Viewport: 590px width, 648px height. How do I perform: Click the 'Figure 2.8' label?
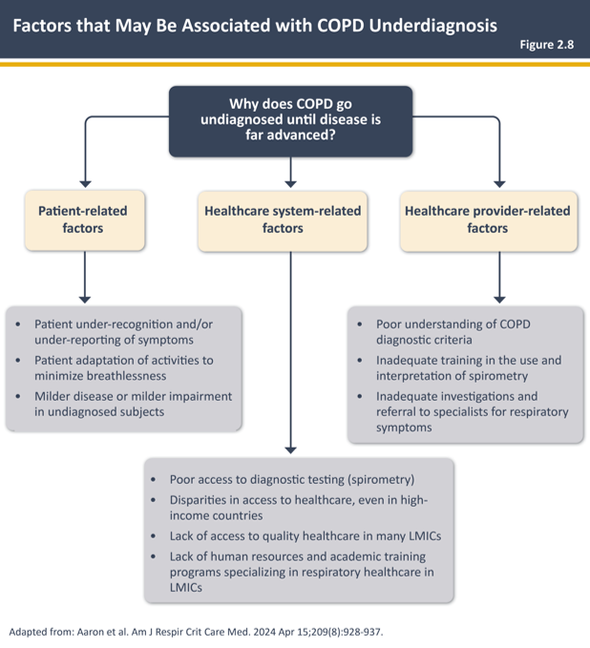[x=546, y=45]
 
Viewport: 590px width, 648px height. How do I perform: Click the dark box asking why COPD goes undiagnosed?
[x=291, y=121]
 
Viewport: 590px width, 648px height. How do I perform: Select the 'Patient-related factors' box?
[x=84, y=219]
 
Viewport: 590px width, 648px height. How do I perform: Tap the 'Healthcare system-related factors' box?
[x=283, y=219]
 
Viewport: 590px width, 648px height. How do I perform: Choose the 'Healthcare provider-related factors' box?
[x=488, y=219]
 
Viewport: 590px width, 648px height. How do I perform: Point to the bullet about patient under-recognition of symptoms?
[x=123, y=332]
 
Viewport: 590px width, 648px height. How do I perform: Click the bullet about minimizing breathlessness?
[x=123, y=368]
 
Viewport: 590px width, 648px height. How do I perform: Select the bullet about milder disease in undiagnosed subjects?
[x=133, y=404]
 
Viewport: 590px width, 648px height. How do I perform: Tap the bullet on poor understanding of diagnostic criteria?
[x=454, y=332]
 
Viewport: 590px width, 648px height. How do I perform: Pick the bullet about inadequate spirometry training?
[x=468, y=368]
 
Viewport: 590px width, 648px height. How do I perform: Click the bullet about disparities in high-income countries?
[x=299, y=508]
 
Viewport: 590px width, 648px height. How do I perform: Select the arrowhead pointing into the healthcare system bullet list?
[x=290, y=448]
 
